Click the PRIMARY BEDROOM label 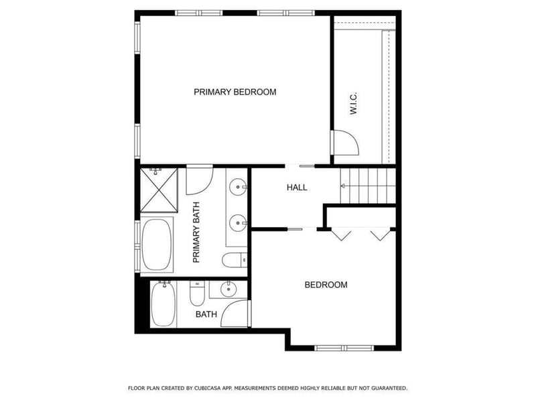tap(235, 92)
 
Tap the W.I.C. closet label tap(354, 103)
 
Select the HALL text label tap(297, 188)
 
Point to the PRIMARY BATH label tap(196, 232)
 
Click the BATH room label tap(206, 314)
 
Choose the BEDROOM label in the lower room tap(326, 285)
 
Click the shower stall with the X tap(159, 190)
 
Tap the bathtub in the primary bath tap(157, 245)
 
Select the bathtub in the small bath tap(163, 304)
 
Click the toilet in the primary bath tap(234, 260)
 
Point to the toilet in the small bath tap(197, 293)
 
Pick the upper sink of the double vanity tap(238, 187)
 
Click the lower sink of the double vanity tap(238, 223)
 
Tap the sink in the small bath tap(228, 289)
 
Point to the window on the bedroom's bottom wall tap(344, 348)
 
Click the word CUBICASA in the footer tap(207, 388)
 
